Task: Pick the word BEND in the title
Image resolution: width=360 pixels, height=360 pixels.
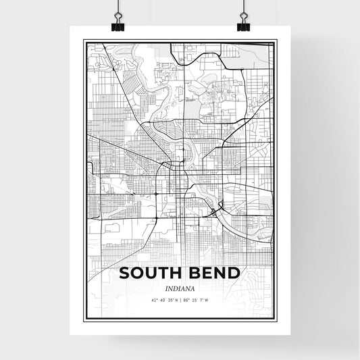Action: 213,273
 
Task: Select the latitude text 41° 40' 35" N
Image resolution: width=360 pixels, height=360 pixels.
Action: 163,300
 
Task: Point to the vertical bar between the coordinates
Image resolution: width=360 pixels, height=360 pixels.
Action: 180,300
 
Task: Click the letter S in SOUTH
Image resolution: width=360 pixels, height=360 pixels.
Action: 125,273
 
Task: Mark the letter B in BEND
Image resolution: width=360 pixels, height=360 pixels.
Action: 192,273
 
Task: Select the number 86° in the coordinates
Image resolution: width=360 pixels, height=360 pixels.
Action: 186,300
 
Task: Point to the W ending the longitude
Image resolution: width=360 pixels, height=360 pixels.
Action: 207,300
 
